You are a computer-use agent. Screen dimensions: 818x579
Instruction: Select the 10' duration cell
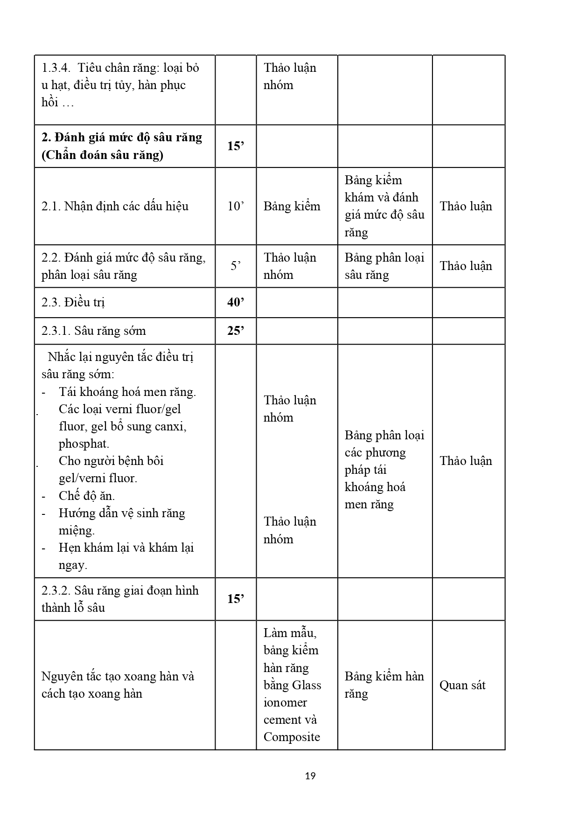point(236,206)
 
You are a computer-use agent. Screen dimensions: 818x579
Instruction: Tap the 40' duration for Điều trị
point(236,302)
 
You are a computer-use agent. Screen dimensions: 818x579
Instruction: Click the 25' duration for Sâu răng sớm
point(236,331)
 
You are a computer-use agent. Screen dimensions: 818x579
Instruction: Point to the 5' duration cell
point(236,266)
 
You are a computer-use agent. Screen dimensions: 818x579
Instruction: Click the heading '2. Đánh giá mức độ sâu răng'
point(122,138)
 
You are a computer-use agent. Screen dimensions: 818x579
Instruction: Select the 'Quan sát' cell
point(462,685)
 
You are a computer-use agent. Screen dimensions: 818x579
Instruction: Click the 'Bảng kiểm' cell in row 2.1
point(292,206)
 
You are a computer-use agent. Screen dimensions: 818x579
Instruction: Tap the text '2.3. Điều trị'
point(73,302)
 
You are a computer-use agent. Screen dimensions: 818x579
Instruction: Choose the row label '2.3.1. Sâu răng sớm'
point(93,331)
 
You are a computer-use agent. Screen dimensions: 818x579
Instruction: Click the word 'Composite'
point(292,737)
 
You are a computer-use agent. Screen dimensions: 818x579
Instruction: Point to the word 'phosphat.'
point(84,444)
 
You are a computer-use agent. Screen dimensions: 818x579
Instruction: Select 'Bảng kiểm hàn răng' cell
point(384,685)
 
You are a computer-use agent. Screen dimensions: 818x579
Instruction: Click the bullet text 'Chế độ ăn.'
point(87,495)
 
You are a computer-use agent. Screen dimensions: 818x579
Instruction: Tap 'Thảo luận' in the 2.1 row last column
point(466,206)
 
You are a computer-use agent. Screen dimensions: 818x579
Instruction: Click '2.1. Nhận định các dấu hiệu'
point(115,206)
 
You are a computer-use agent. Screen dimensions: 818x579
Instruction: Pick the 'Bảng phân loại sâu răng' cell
point(384,266)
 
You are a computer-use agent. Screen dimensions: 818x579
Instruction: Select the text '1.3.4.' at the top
point(56,68)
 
